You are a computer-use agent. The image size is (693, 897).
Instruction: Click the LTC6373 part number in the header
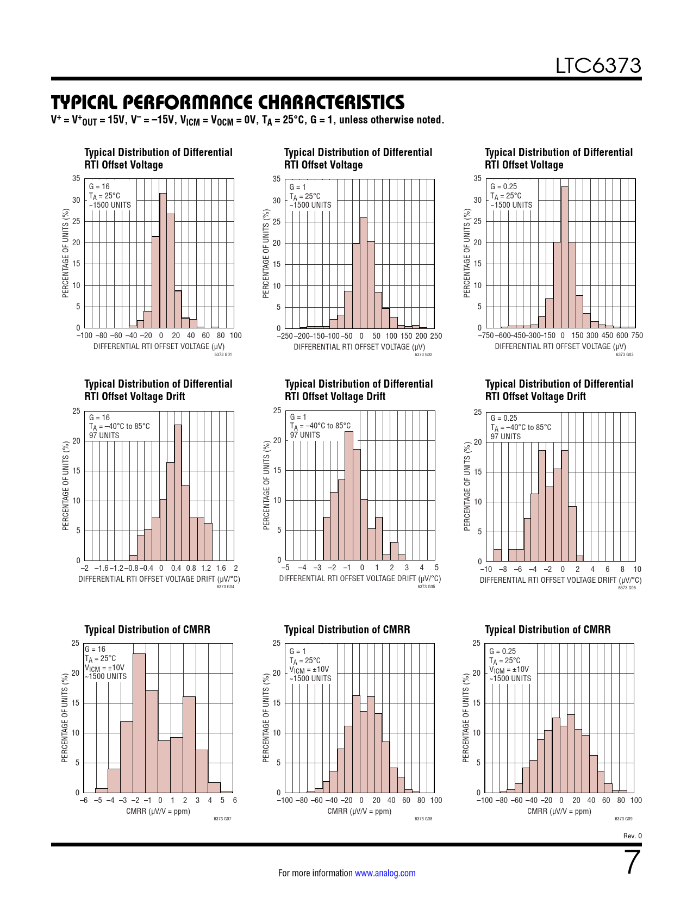pyautogui.click(x=598, y=66)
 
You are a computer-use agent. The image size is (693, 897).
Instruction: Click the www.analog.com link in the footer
pyautogui.click(x=385, y=873)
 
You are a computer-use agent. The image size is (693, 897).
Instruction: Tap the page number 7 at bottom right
pyautogui.click(x=632, y=862)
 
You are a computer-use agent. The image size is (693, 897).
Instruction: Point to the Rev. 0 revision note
pyautogui.click(x=632, y=836)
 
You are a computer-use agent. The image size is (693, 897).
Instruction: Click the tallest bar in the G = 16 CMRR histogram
pyautogui.click(x=139, y=723)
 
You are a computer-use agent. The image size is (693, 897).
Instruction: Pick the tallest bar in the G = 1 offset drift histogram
pyautogui.click(x=349, y=495)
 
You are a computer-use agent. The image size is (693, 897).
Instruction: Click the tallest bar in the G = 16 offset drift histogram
pyautogui.click(x=178, y=492)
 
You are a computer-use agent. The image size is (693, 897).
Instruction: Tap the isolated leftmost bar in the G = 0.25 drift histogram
pyautogui.click(x=497, y=555)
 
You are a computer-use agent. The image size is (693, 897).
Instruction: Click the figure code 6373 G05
pyautogui.click(x=426, y=587)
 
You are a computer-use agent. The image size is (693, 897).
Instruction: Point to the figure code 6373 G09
pyautogui.click(x=623, y=818)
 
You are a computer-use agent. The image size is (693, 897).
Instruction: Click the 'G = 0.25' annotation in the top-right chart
pyautogui.click(x=503, y=186)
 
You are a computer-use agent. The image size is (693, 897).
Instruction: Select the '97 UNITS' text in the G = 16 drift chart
pyautogui.click(x=104, y=435)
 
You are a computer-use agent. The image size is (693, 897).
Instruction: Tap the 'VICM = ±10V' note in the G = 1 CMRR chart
pyautogui.click(x=309, y=670)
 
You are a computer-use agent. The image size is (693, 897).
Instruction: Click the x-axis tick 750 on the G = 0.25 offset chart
pyautogui.click(x=636, y=335)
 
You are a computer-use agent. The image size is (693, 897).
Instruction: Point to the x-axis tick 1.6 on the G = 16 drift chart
pyautogui.click(x=221, y=568)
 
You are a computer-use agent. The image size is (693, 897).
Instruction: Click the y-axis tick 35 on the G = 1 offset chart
pyautogui.click(x=277, y=179)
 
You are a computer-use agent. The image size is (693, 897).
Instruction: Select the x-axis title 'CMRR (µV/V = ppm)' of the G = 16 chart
pyautogui.click(x=158, y=811)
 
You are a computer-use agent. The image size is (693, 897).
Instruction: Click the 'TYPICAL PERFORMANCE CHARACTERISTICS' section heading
pyautogui.click(x=228, y=102)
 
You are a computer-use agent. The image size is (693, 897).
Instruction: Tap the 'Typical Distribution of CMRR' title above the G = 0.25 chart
pyautogui.click(x=547, y=630)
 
